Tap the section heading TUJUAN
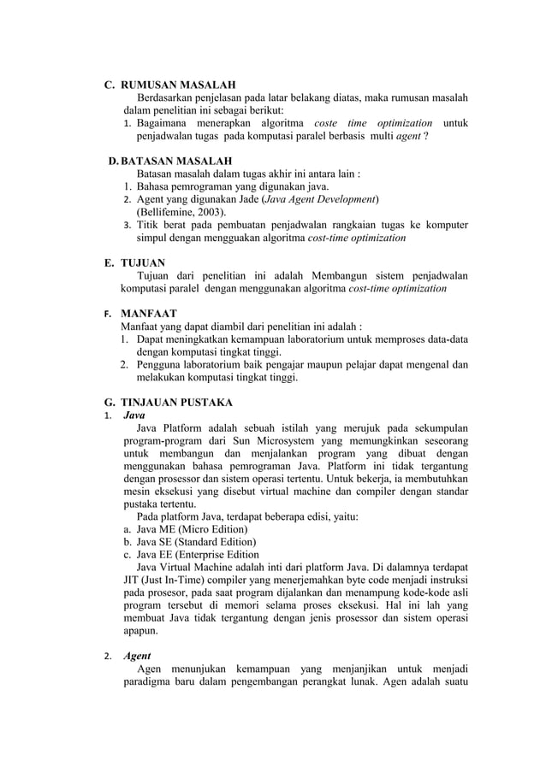click(143, 263)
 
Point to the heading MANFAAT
click(148, 314)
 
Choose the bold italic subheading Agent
click(138, 656)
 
